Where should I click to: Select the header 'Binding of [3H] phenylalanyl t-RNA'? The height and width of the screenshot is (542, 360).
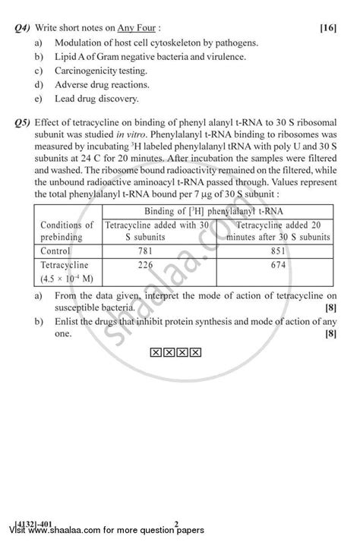point(213,210)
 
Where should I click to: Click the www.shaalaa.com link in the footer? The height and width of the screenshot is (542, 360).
point(80,533)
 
